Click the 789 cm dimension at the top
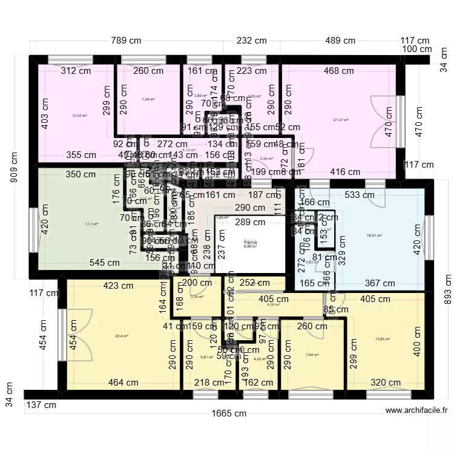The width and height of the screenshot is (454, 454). [x=126, y=41]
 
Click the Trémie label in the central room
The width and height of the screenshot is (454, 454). [x=250, y=242]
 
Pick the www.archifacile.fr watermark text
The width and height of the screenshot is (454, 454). [x=416, y=410]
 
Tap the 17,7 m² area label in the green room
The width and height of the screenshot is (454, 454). [x=91, y=223]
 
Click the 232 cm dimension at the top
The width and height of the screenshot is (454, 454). [x=251, y=41]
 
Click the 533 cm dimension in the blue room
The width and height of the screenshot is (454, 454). [x=360, y=195]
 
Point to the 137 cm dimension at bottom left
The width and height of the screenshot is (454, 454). [x=41, y=404]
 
